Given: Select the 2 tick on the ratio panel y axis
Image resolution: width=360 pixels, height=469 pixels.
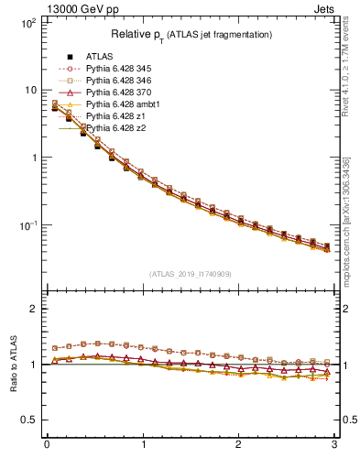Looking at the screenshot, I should [x=32, y=309].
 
